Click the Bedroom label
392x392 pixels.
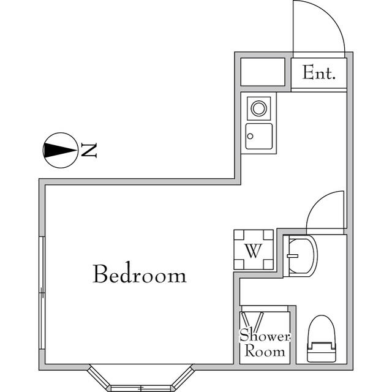coord(139,274)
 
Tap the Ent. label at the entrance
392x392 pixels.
coord(319,74)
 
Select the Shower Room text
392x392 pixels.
coord(265,344)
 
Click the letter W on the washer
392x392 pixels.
coord(254,251)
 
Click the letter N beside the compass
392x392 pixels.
coord(89,149)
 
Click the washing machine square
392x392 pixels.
coord(254,250)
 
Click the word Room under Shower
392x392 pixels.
coord(265,352)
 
